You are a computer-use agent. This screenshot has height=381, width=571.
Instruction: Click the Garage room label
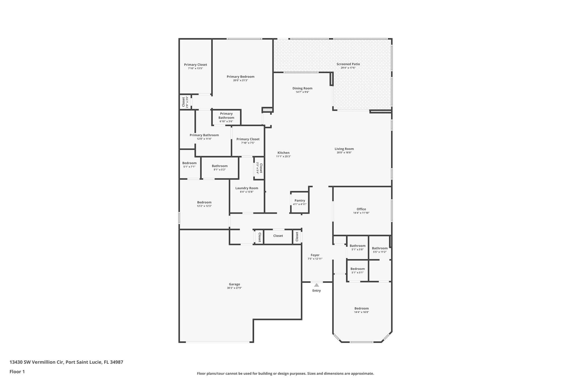234,284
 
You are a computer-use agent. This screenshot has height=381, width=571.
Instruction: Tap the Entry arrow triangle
316,285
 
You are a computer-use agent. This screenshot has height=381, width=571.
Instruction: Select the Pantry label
300,200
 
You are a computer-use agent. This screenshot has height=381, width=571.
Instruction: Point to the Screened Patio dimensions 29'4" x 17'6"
348,68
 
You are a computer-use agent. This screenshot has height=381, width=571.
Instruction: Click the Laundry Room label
247,188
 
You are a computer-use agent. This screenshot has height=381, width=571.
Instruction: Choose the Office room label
361,209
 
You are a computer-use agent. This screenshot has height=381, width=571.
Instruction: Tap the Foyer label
315,255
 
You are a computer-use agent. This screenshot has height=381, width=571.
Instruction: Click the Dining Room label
302,88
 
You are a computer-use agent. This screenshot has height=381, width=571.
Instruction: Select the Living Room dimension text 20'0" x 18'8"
344,152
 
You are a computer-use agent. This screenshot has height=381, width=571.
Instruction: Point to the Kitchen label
283,153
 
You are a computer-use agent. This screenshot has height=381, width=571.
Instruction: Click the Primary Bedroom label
240,76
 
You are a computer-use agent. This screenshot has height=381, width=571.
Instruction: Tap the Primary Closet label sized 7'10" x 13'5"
195,64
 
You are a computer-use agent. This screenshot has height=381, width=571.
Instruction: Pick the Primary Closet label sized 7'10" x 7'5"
248,139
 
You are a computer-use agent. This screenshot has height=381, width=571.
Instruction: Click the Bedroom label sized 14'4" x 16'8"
362,308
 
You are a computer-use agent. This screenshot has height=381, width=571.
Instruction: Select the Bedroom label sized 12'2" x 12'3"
204,202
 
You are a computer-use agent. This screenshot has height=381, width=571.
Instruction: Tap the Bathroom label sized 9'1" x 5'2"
220,166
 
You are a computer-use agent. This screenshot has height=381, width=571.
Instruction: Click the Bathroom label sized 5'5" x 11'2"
380,248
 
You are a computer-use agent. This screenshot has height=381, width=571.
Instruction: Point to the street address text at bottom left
66,362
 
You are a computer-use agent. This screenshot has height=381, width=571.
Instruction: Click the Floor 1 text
17,372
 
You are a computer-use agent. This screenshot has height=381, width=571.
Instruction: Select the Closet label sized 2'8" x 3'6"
183,102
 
